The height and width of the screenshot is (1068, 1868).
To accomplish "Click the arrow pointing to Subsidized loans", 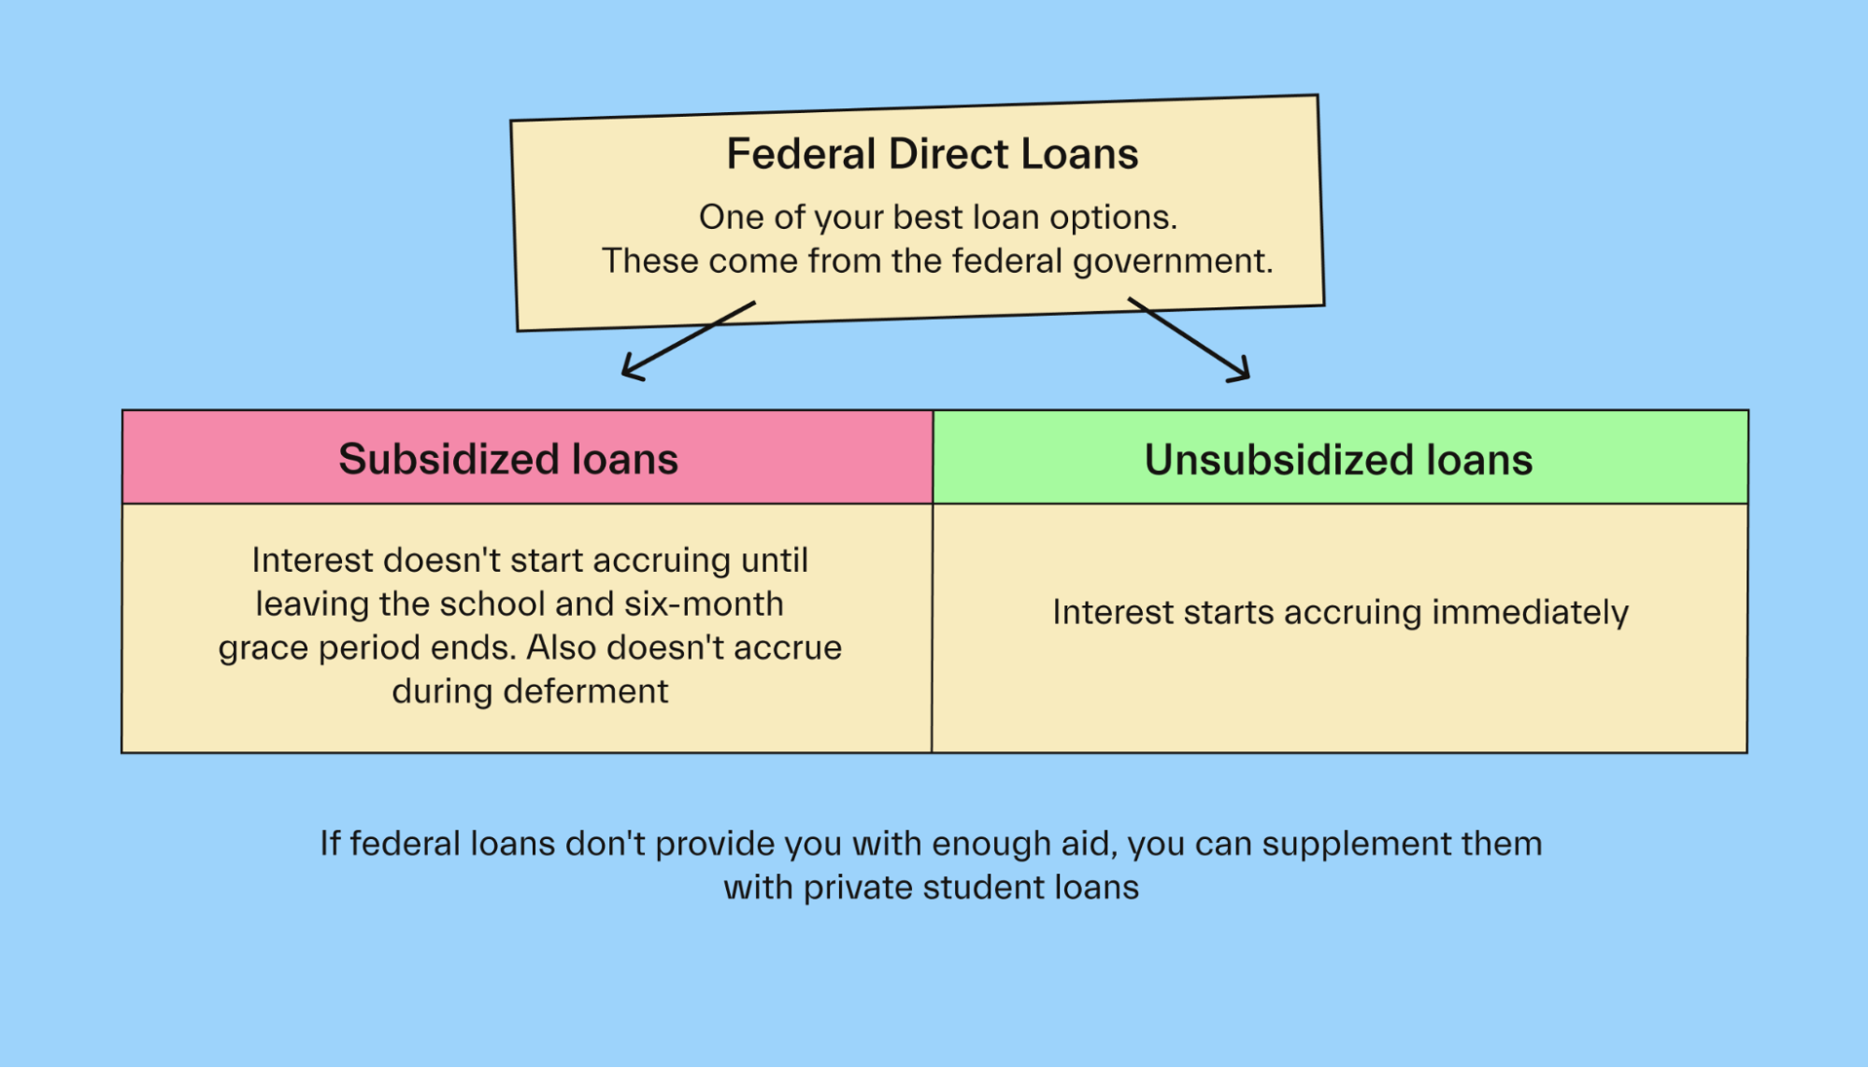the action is pos(689,340).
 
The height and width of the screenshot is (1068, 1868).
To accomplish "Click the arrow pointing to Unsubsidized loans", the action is pos(1189,340).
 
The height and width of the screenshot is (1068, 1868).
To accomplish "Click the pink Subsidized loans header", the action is pos(528,458).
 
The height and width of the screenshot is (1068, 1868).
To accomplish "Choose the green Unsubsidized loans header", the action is pos(1340,458).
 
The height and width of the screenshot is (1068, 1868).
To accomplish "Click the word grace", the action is pos(263,649).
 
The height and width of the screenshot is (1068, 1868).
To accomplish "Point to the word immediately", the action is pos(1530,614).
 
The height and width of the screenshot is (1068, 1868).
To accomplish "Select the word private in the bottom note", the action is pos(858,889).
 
